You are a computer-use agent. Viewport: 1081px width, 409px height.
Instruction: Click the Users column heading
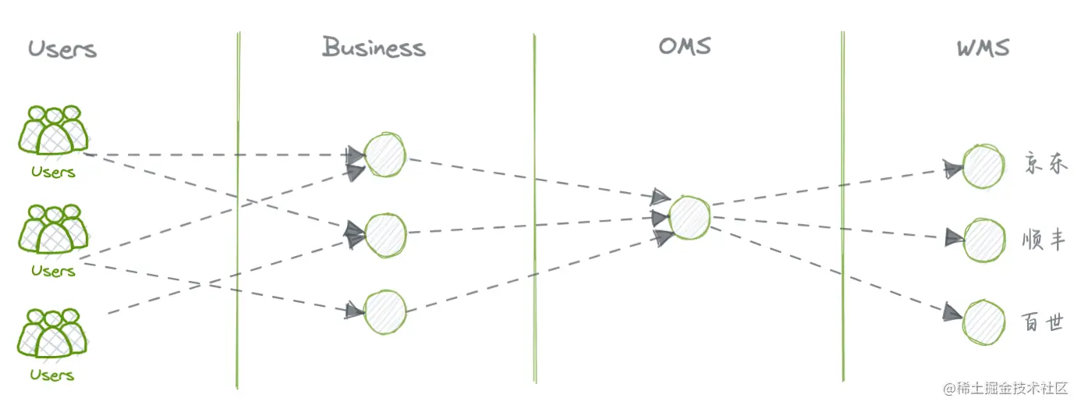[62, 49]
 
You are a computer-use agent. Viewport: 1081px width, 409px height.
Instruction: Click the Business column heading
[374, 48]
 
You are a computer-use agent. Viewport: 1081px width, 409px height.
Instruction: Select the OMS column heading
[685, 46]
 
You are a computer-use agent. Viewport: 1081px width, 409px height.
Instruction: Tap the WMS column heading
[983, 48]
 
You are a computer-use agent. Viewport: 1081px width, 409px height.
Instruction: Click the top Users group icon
[53, 130]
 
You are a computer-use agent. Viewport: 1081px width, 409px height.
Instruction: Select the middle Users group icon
[53, 229]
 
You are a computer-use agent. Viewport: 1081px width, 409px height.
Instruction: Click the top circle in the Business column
[385, 155]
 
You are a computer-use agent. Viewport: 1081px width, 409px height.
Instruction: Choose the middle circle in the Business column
[385, 232]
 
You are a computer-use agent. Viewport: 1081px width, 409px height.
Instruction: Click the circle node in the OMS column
[689, 217]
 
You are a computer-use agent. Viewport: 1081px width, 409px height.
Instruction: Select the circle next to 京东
[983, 166]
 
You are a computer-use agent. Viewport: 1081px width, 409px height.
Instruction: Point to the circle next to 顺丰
[984, 237]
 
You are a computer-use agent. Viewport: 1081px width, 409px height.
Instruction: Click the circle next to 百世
[984, 322]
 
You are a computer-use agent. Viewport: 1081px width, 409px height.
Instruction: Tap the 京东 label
[1044, 164]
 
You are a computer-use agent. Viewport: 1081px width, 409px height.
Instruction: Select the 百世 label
[1044, 322]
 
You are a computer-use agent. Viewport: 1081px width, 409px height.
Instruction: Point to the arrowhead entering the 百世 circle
[951, 312]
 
